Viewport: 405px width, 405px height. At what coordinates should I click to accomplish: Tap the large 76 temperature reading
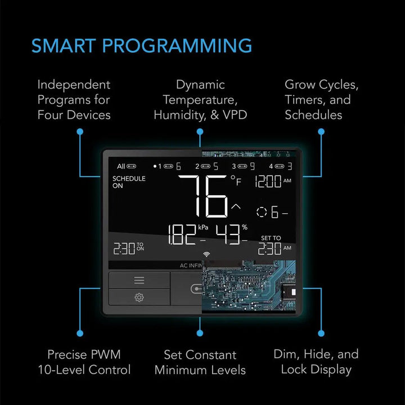click(203, 196)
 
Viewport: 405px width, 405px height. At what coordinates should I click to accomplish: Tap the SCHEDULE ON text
click(129, 182)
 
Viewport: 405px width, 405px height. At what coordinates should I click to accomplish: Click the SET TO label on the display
click(271, 238)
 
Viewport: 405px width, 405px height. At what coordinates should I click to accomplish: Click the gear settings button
click(139, 297)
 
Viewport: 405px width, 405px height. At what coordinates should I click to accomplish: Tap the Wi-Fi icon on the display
click(205, 254)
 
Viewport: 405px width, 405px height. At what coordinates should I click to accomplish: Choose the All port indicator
click(127, 166)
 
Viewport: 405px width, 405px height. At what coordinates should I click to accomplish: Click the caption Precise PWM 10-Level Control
click(84, 362)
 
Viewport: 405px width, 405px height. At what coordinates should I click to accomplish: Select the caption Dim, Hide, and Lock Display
click(316, 362)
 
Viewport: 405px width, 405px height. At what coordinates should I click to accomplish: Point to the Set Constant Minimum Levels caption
click(200, 362)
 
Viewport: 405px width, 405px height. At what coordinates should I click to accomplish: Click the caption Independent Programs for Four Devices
click(74, 100)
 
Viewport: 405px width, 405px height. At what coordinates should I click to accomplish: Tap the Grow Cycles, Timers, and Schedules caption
click(321, 100)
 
